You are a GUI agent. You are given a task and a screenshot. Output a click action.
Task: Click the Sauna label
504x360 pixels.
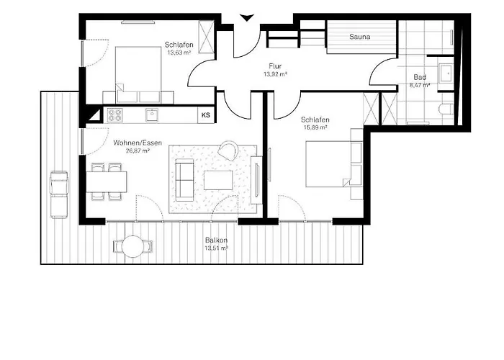pos(360,36)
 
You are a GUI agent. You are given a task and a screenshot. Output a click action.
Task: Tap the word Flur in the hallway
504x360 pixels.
pos(275,65)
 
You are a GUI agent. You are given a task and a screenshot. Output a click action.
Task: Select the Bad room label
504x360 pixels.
pos(420,77)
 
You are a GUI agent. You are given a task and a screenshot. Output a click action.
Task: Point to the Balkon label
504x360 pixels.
pos(216,240)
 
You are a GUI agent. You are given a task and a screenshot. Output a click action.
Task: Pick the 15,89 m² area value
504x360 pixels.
pos(315,127)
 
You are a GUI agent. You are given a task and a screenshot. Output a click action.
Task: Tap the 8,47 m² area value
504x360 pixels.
pos(420,85)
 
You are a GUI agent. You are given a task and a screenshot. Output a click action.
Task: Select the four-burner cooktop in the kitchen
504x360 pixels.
pos(116,114)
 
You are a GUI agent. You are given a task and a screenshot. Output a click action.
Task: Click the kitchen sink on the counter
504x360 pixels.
pos(151,114)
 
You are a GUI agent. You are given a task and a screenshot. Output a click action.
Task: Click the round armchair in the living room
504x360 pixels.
pos(229,149)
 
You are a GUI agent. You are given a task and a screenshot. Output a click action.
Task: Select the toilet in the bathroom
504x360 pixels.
pos(445,109)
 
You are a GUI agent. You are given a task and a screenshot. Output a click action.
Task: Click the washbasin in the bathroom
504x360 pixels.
pos(444,71)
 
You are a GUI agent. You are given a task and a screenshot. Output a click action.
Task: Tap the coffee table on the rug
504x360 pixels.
pos(218,179)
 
